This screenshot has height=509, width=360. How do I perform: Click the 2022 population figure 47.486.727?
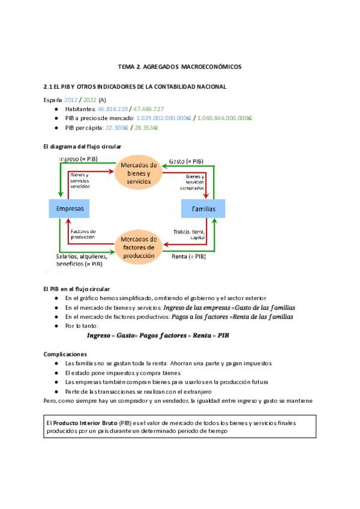pyautogui.click(x=148, y=109)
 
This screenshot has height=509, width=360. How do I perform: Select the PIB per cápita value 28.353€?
pyautogui.click(x=146, y=128)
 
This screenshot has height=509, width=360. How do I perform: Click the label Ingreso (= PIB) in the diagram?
pyautogui.click(x=79, y=159)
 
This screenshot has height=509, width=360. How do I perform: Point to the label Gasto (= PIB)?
pyautogui.click(x=186, y=161)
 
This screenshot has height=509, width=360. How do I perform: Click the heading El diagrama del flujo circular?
pyautogui.click(x=83, y=146)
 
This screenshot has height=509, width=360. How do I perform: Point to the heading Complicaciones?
pyautogui.click(x=65, y=354)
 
